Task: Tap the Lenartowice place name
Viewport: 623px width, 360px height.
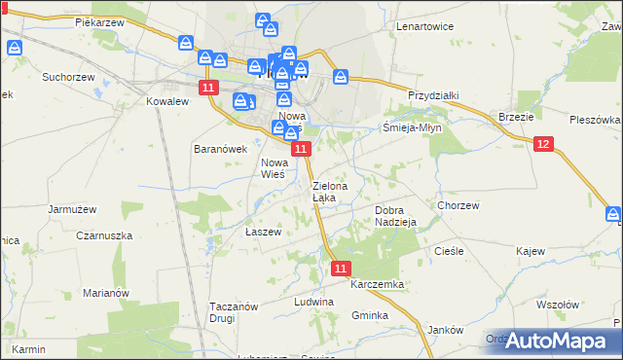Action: click(425, 26)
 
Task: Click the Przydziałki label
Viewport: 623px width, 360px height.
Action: click(433, 95)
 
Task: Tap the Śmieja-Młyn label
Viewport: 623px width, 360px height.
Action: click(412, 126)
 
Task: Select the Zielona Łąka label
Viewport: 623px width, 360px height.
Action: click(325, 191)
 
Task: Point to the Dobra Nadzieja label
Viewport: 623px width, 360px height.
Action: click(396, 215)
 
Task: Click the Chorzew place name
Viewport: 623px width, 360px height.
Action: click(458, 206)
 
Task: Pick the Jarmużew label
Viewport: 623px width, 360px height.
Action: click(72, 208)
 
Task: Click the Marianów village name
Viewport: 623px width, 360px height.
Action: click(106, 293)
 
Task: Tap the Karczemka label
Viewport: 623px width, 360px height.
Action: click(378, 284)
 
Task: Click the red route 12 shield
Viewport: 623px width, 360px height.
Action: click(543, 144)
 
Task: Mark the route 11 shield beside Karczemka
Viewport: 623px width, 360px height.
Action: click(340, 267)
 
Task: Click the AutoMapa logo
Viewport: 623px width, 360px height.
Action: click(556, 341)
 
